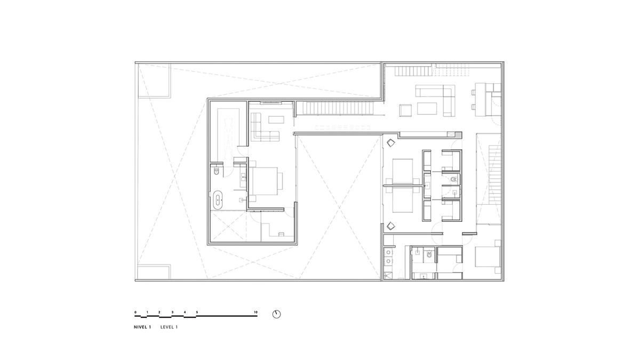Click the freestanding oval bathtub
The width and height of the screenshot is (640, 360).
[x=218, y=199]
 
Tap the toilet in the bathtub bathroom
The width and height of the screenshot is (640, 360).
[x=217, y=171]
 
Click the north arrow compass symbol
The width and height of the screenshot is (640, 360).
[x=276, y=314]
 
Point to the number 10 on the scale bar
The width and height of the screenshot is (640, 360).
[x=255, y=313]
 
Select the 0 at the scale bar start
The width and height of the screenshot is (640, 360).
[x=135, y=313]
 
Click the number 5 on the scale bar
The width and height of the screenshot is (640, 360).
[x=197, y=313]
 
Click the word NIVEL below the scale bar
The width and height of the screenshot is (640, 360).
[x=141, y=327]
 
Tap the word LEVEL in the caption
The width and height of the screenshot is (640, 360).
[x=167, y=327]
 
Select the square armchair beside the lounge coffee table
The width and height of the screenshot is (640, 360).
[x=405, y=110]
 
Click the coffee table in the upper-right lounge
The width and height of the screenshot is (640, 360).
[x=427, y=109]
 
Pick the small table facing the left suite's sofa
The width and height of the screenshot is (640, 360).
[x=276, y=119]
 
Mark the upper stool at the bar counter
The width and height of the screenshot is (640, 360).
[x=474, y=92]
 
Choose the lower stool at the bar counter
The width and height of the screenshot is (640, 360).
[x=474, y=107]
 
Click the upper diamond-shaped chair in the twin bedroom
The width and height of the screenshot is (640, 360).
[x=390, y=142]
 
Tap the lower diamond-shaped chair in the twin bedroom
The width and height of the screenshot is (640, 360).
[x=390, y=226]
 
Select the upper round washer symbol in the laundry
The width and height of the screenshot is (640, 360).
[x=388, y=252]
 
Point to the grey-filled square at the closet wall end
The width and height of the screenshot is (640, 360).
[x=459, y=134]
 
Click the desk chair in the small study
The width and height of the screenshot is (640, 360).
[x=281, y=234]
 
